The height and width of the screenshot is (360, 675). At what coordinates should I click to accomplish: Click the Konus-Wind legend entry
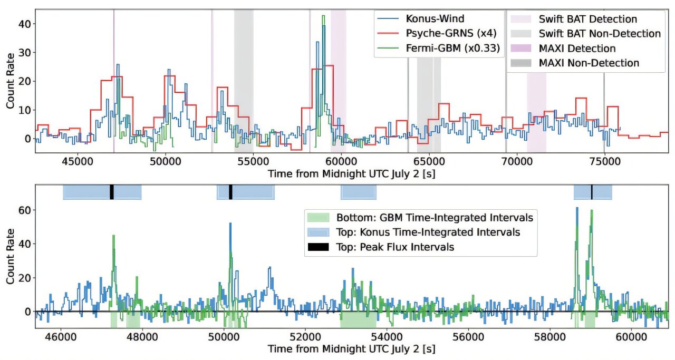[435, 18]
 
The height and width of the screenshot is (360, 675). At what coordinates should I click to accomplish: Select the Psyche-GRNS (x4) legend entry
[446, 33]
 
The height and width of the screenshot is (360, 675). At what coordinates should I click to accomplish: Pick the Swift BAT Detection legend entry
[587, 19]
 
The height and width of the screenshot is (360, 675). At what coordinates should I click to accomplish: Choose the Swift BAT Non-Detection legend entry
[599, 34]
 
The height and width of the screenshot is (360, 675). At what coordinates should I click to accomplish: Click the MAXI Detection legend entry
[577, 48]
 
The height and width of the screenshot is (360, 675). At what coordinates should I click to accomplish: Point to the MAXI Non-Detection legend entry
[589, 63]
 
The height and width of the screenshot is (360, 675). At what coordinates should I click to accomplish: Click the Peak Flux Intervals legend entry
[395, 247]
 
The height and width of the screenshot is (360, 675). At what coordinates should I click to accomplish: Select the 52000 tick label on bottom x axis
[306, 335]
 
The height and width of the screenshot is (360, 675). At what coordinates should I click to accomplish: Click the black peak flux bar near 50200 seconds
[230, 192]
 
